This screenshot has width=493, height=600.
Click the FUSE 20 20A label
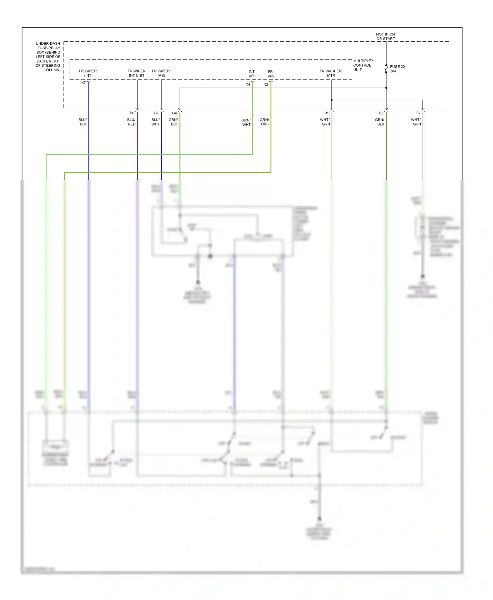(x=397, y=69)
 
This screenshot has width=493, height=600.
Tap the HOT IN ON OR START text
(x=386, y=36)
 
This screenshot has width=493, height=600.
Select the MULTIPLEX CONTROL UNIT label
(x=363, y=65)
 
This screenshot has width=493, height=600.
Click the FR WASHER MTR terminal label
(x=331, y=73)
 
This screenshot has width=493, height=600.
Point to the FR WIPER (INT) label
(x=88, y=73)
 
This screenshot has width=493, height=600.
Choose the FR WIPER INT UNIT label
(x=136, y=73)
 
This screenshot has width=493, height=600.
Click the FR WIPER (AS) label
(x=161, y=73)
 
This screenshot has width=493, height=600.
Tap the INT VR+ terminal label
(x=252, y=74)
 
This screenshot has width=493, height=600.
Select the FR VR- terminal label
(x=270, y=74)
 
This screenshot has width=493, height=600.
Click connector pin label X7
(x=83, y=83)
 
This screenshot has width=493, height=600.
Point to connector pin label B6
(x=132, y=113)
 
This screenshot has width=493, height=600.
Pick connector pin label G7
(x=156, y=113)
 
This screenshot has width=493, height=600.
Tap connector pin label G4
(x=174, y=113)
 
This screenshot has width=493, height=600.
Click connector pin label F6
(x=417, y=113)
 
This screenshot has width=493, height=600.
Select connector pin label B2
(x=381, y=113)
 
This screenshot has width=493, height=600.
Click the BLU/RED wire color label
(x=131, y=122)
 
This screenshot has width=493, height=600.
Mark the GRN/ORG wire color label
(x=265, y=122)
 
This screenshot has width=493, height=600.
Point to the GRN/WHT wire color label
(x=246, y=122)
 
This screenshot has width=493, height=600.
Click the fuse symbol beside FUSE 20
(x=386, y=69)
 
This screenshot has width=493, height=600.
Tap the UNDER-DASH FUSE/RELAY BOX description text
(x=48, y=56)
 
